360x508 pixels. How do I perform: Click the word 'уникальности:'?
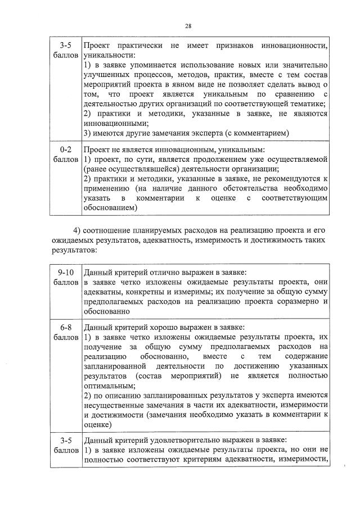pos(109,56)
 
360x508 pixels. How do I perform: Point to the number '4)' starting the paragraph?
pos(78,231)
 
